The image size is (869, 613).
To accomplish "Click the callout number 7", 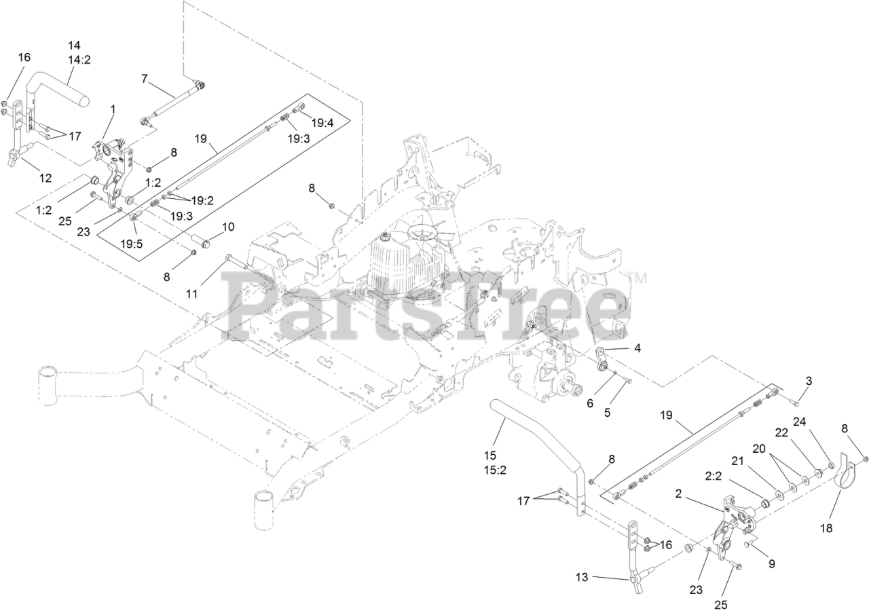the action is pos(144,79).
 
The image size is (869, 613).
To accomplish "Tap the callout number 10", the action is pos(227,226).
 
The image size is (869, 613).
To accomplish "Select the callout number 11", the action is pos(192,294).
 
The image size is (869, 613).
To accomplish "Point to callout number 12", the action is pos(45,179).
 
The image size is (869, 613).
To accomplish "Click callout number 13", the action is pos(582,576).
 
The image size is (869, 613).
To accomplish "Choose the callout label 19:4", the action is pos(323,123).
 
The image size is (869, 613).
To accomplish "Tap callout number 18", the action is pos(827,527).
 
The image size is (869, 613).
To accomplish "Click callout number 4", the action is pos(637,348).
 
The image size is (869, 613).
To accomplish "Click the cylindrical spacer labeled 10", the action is pos(200,240).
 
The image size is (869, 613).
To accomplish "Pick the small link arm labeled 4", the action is pos(601,358).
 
